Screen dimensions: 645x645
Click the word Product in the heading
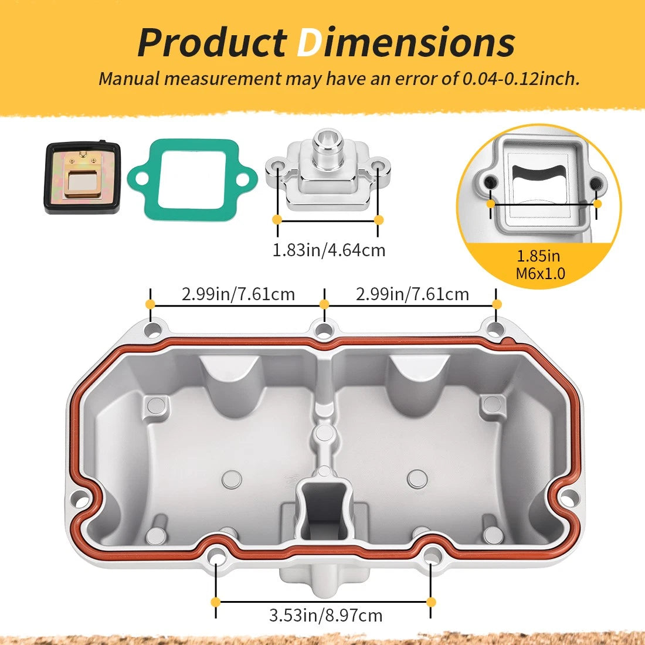coord(212,42)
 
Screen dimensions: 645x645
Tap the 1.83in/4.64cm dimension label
coord(329,250)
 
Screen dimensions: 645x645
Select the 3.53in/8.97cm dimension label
coord(326,616)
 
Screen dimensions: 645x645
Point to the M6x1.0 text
coord(541,274)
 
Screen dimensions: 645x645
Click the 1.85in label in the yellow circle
coord(538,256)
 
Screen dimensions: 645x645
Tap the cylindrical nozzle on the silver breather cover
coord(326,146)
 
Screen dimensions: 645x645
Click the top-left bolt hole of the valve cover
coord(152,330)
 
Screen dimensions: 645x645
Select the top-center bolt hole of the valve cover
coord(324,330)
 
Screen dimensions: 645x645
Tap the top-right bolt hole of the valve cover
coord(496,329)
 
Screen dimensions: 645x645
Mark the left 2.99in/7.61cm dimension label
coord(238,294)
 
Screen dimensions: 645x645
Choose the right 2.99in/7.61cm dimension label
coord(412,294)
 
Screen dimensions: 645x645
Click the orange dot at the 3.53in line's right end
coord(431,602)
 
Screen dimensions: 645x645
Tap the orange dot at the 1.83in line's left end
coord(277,220)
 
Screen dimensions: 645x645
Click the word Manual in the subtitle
coord(128,79)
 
